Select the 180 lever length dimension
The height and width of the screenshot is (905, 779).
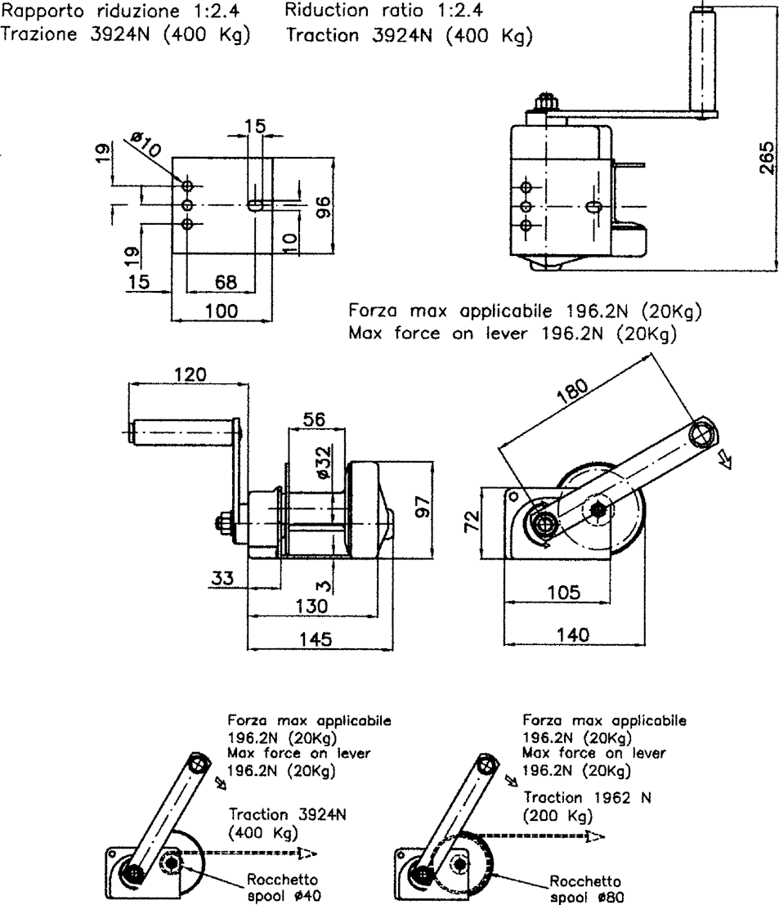[572, 392]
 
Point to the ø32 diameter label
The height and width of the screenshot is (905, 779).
[324, 462]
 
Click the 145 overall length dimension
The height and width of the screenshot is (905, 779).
[316, 639]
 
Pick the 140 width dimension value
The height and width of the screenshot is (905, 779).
[573, 635]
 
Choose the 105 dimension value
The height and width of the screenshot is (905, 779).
[563, 592]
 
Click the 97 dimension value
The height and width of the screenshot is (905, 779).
[423, 507]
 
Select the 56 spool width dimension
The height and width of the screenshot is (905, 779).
[315, 419]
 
